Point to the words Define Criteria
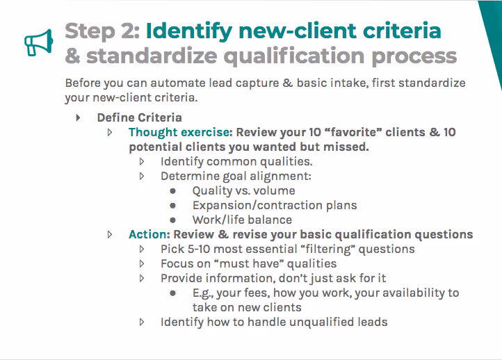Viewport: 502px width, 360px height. pos(139,117)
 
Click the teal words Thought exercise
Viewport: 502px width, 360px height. pos(179,132)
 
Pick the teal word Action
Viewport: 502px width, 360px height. pos(148,234)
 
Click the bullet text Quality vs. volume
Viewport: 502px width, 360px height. pos(243,190)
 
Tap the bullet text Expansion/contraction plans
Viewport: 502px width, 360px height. pos(274,205)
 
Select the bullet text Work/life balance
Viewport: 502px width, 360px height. pos(242,220)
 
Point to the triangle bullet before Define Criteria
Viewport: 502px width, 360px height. pos(78,117)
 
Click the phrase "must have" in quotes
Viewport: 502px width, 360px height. pos(241,263)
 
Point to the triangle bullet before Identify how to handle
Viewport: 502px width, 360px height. pos(142,322)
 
